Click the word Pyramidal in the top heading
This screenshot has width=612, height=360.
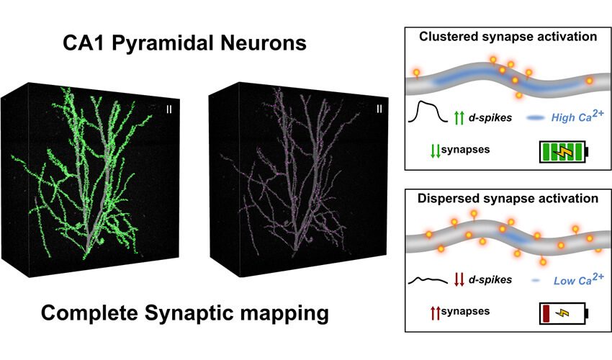[x=163, y=43]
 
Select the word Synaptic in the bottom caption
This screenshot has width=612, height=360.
[x=185, y=313]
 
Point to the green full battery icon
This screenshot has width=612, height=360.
[x=564, y=151]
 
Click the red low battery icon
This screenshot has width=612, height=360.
[x=564, y=313]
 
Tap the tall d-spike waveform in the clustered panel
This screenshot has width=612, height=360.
[x=428, y=112]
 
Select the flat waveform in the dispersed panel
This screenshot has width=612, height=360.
[x=428, y=280]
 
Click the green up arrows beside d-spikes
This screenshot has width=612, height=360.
[x=459, y=118]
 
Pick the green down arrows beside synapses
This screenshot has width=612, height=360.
[x=435, y=150]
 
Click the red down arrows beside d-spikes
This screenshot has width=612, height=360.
[x=459, y=279]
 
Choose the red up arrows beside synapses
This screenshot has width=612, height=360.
[x=435, y=312]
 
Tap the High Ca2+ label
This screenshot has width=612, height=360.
[x=577, y=116]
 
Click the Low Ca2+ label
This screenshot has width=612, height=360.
[x=578, y=279]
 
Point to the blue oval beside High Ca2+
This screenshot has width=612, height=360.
[x=536, y=117]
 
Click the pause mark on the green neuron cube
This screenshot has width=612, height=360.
[x=169, y=109]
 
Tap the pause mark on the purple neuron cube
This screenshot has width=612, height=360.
[x=379, y=109]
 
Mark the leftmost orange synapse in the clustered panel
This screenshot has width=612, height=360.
[x=416, y=73]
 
